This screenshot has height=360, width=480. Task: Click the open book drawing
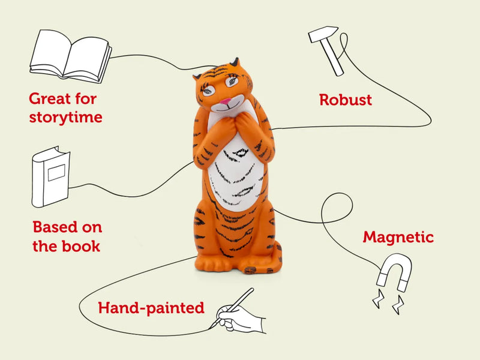pyautogui.click(x=71, y=56)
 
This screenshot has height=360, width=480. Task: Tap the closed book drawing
pyautogui.click(x=51, y=176)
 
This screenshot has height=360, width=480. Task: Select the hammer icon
pyautogui.click(x=326, y=49)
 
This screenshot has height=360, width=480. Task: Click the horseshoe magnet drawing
pyautogui.click(x=395, y=271)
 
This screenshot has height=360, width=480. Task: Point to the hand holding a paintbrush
pyautogui.click(x=239, y=316)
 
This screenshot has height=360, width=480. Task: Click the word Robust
pyautogui.click(x=346, y=100)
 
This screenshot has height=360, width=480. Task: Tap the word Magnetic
pyautogui.click(x=398, y=237)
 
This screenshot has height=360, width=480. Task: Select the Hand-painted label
pyautogui.click(x=151, y=308)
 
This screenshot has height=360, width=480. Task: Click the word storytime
pyautogui.click(x=66, y=117)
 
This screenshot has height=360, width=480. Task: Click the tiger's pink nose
pyautogui.click(x=226, y=101)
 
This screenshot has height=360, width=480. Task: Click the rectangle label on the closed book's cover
pyautogui.click(x=56, y=173)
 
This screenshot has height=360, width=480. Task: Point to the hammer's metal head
pyautogui.click(x=323, y=34)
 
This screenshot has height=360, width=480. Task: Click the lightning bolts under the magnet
pyautogui.click(x=388, y=301)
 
